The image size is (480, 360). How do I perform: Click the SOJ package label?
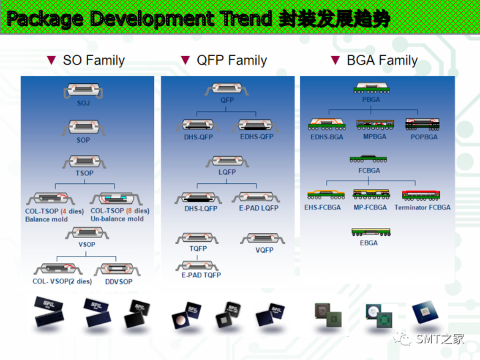83,103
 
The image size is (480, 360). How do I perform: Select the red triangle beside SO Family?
52,60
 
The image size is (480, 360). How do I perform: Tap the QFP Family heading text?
232,60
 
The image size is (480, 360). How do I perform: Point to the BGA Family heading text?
382,60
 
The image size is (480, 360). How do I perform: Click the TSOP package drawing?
84,162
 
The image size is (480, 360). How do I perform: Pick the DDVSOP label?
119,282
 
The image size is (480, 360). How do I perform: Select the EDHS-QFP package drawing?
256,125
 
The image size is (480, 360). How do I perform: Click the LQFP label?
227,172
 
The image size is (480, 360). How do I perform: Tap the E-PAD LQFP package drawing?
255,197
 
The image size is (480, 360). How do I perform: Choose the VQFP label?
264,250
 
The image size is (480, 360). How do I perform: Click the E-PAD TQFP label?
201,275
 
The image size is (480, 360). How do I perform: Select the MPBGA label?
375,137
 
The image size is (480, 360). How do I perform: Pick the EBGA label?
369,243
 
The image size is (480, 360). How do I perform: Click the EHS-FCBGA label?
322,207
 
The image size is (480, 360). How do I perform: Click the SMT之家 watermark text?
440,338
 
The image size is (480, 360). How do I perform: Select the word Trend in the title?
247,19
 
